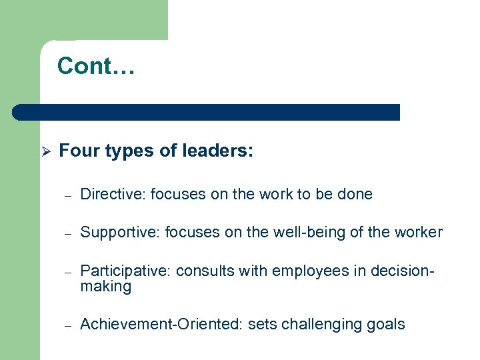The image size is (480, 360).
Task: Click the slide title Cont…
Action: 96,66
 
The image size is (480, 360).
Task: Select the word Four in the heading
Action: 77,151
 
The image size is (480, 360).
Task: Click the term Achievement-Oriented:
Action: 162,325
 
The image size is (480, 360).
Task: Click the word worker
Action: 417,233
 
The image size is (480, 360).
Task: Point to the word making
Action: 105,287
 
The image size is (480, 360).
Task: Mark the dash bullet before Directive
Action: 67,195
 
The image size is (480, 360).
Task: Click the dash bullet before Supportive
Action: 67,233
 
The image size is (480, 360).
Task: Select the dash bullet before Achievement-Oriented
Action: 67,325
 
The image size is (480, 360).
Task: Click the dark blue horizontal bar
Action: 207,112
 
